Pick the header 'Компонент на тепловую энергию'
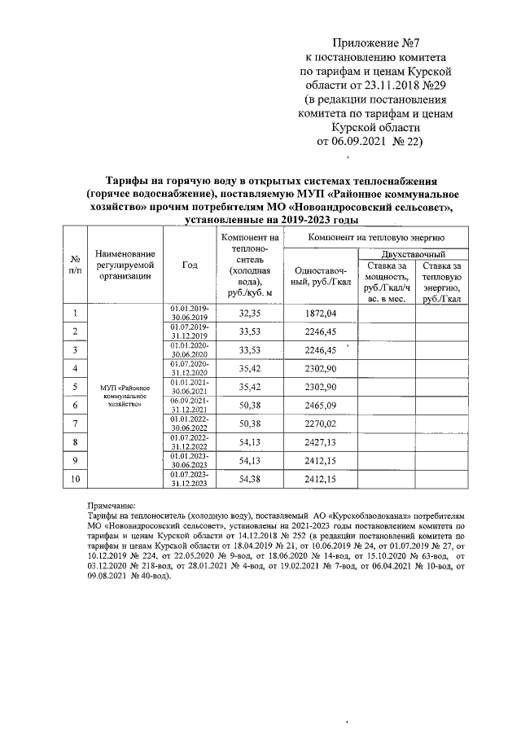pos(374,235)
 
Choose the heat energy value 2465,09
pos(321,405)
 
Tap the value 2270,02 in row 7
pos(321,423)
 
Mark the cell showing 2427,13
pos(321,442)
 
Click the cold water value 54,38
pos(249,479)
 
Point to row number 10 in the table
pos(74,479)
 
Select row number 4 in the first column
pos(74,368)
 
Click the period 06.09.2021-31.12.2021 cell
pos(189,405)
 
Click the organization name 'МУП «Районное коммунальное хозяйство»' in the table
pos(123,396)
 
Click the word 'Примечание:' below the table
pos(113,506)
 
